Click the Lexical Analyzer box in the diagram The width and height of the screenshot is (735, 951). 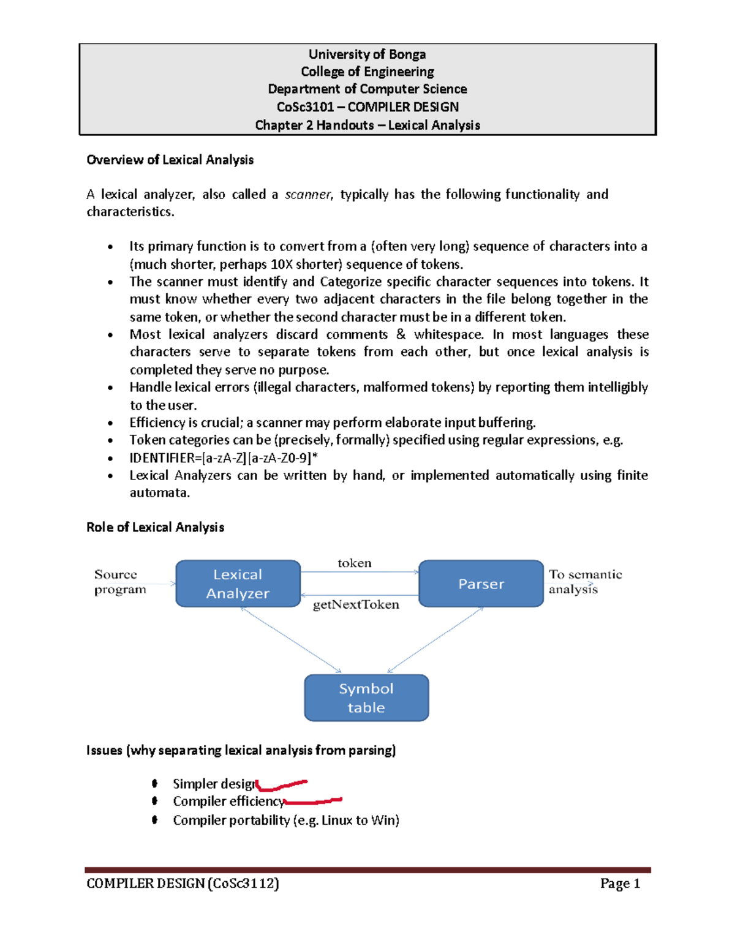coord(238,584)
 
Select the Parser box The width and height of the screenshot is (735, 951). coord(481,584)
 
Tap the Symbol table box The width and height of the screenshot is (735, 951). coord(366,697)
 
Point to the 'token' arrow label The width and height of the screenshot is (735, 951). coord(354,563)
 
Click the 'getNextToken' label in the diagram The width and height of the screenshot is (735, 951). coord(356,604)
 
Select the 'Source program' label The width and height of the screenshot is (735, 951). coord(119,582)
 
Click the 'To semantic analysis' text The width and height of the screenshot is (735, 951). coord(584,582)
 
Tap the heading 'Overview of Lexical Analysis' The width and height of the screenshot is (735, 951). coord(170,160)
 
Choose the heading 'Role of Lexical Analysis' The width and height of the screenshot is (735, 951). coord(155,527)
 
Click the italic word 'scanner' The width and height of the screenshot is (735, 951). coord(307,195)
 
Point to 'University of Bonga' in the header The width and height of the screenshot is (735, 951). coord(367,55)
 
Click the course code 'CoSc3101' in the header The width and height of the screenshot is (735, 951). coord(305,107)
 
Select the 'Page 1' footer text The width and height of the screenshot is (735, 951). coord(620,883)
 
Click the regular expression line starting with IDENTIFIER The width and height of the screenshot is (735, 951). coord(223,458)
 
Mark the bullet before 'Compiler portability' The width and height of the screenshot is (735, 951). coord(155,819)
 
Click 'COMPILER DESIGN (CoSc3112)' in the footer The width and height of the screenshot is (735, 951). coord(183,883)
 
